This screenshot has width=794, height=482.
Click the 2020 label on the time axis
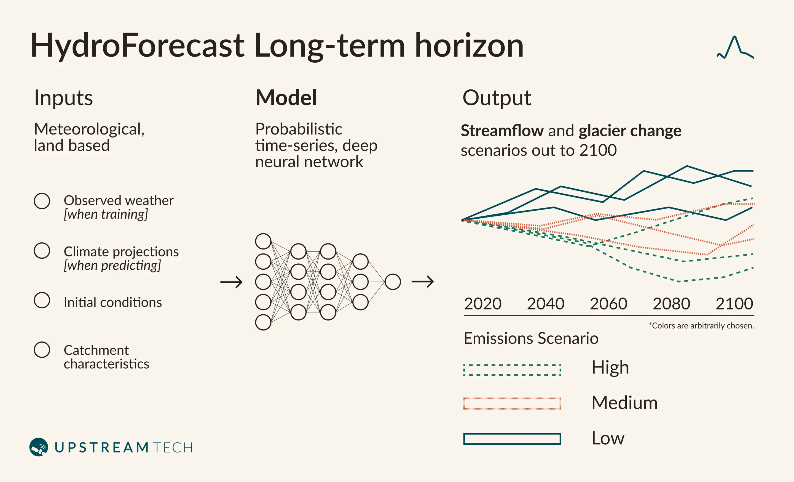click(482, 304)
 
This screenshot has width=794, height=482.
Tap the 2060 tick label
click(608, 304)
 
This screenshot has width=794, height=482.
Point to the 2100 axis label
click(734, 304)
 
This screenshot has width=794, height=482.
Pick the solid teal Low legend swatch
click(512, 434)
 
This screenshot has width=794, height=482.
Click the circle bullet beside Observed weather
click(42, 193)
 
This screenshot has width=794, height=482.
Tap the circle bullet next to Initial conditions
click(42, 292)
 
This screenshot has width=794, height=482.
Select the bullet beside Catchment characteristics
click(42, 342)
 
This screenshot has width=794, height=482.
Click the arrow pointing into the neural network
click(231, 282)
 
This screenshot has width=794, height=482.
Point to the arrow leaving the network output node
click(422, 282)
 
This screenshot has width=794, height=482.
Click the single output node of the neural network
click(393, 274)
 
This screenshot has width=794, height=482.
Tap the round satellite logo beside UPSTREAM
click(39, 447)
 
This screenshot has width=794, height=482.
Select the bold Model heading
click(286, 97)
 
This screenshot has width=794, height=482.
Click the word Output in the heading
click(497, 98)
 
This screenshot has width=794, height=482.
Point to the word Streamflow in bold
click(502, 131)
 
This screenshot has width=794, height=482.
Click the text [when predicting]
click(112, 266)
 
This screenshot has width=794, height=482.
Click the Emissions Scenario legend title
click(531, 338)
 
